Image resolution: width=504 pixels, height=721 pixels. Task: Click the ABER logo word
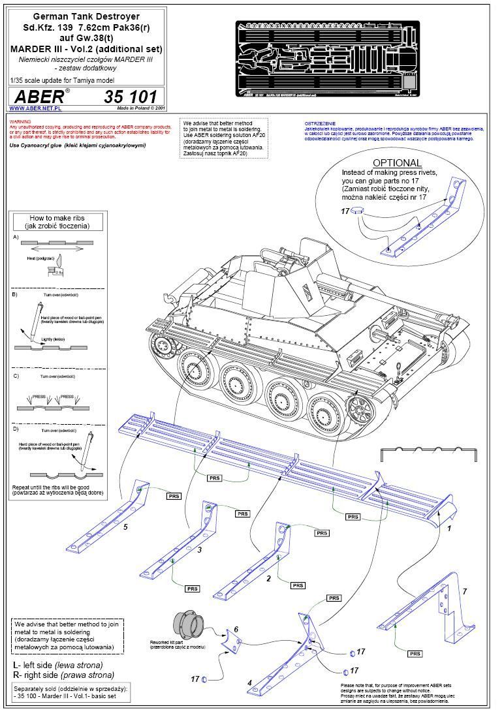[39, 97]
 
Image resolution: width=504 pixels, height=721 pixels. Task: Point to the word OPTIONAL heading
[397, 162]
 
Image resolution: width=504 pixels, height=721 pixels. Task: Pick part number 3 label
[199, 550]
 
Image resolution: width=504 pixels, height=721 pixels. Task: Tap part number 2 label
[268, 578]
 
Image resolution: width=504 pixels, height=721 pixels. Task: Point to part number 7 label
[464, 591]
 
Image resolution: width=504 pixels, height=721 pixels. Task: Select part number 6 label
[236, 629]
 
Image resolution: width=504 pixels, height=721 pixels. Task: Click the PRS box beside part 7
[415, 653]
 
